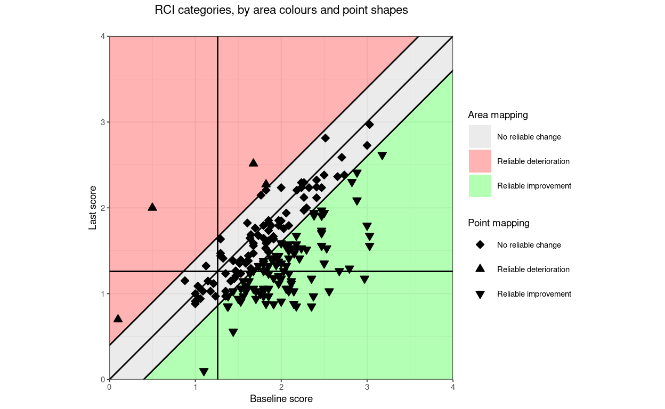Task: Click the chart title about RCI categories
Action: pos(281,10)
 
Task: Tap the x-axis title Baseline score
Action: pos(281,399)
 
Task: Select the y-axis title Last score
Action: pos(93,208)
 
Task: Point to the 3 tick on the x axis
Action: pos(367,387)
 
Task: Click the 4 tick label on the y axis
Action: pos(103,36)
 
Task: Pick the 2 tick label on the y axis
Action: pos(103,208)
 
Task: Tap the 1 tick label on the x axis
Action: pos(195,387)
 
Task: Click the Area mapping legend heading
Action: pos(498,115)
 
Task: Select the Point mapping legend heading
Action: pos(499,223)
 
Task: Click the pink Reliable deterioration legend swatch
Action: pos(480,161)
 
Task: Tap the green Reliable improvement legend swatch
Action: pos(480,186)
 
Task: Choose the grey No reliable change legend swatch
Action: pos(480,137)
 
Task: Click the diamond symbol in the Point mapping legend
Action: pos(480,245)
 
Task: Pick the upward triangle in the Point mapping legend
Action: pos(480,269)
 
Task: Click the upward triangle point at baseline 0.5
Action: pos(152,207)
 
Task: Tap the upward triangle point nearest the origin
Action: pos(118,318)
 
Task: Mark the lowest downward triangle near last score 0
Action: pos(204,372)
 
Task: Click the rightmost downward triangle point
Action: pos(382,156)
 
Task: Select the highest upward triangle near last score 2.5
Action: pos(254,162)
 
